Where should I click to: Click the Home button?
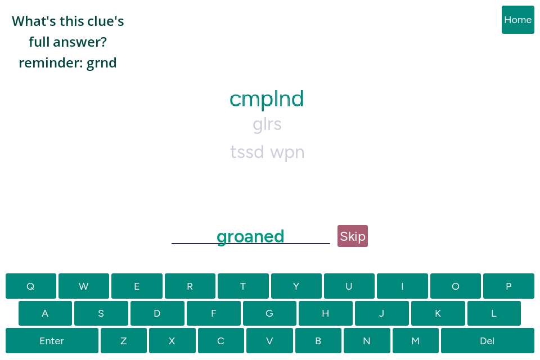coord(517,20)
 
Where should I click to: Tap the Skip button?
coord(353,236)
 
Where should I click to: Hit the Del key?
coord(487,341)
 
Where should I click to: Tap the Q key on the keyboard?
coord(30,286)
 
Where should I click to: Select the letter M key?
coord(415,341)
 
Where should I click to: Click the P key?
coord(508,286)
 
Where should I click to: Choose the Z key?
coord(124,341)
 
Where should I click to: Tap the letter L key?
coord(494,313)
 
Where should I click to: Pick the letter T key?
coord(243,286)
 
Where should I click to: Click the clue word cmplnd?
coord(267,99)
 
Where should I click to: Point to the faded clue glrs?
coord(267,124)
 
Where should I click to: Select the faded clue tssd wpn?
coord(267,152)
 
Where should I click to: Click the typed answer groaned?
coord(250,237)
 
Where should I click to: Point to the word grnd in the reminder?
coord(102,63)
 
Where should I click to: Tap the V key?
coord(269,341)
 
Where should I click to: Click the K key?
coord(438,313)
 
